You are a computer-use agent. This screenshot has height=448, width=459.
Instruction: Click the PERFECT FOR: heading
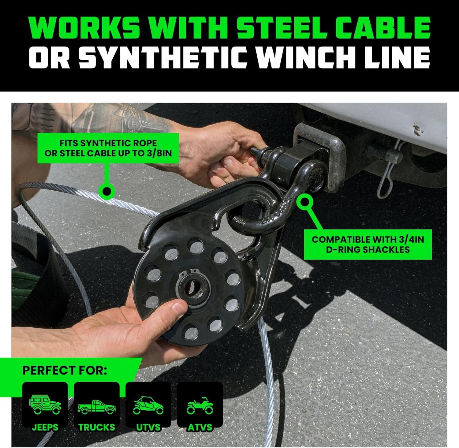point(65,371)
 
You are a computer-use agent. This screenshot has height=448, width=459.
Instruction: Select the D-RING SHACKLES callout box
point(368,244)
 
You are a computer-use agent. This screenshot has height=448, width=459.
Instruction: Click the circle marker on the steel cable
point(106,192)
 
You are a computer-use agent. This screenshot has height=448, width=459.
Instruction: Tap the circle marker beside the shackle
point(304,202)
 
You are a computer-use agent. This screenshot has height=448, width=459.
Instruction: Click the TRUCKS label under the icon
point(97,427)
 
